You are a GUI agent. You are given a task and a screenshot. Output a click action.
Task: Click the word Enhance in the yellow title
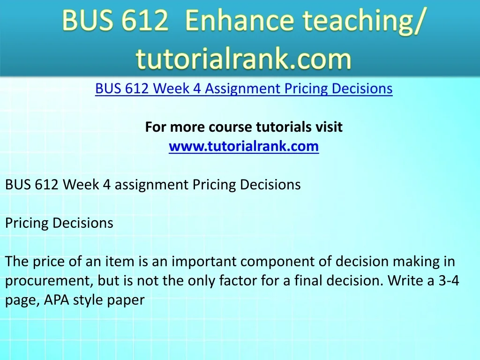[240, 20]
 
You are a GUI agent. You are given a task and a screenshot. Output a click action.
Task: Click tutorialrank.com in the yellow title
[244, 59]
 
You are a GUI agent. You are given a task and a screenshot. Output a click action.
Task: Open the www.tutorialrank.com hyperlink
[244, 146]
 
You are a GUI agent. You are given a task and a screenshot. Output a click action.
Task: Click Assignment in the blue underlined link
[243, 89]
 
